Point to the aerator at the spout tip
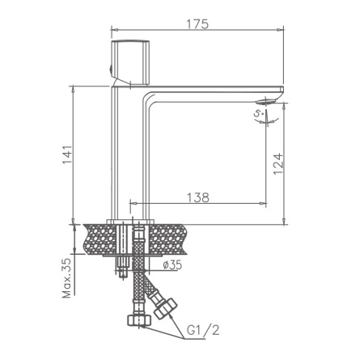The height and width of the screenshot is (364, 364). [267, 101]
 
